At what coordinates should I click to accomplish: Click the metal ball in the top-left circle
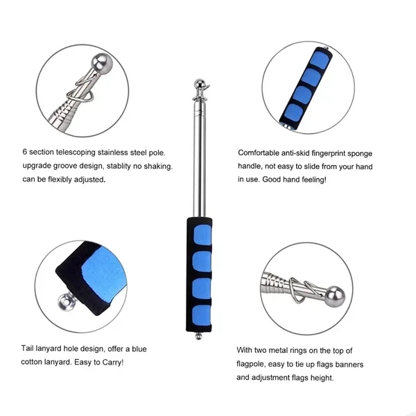[102, 64]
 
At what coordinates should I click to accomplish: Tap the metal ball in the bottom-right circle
[336, 297]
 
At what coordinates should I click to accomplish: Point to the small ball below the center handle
[198, 336]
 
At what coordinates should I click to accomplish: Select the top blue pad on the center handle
[202, 234]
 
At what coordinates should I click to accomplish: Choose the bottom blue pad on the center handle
[202, 315]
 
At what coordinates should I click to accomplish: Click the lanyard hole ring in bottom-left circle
[65, 301]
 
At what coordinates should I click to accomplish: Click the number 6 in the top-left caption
[25, 152]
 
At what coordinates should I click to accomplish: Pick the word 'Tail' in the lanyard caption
[27, 348]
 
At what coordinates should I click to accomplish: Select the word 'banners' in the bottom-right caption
[349, 364]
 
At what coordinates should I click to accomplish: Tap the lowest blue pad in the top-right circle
[293, 112]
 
